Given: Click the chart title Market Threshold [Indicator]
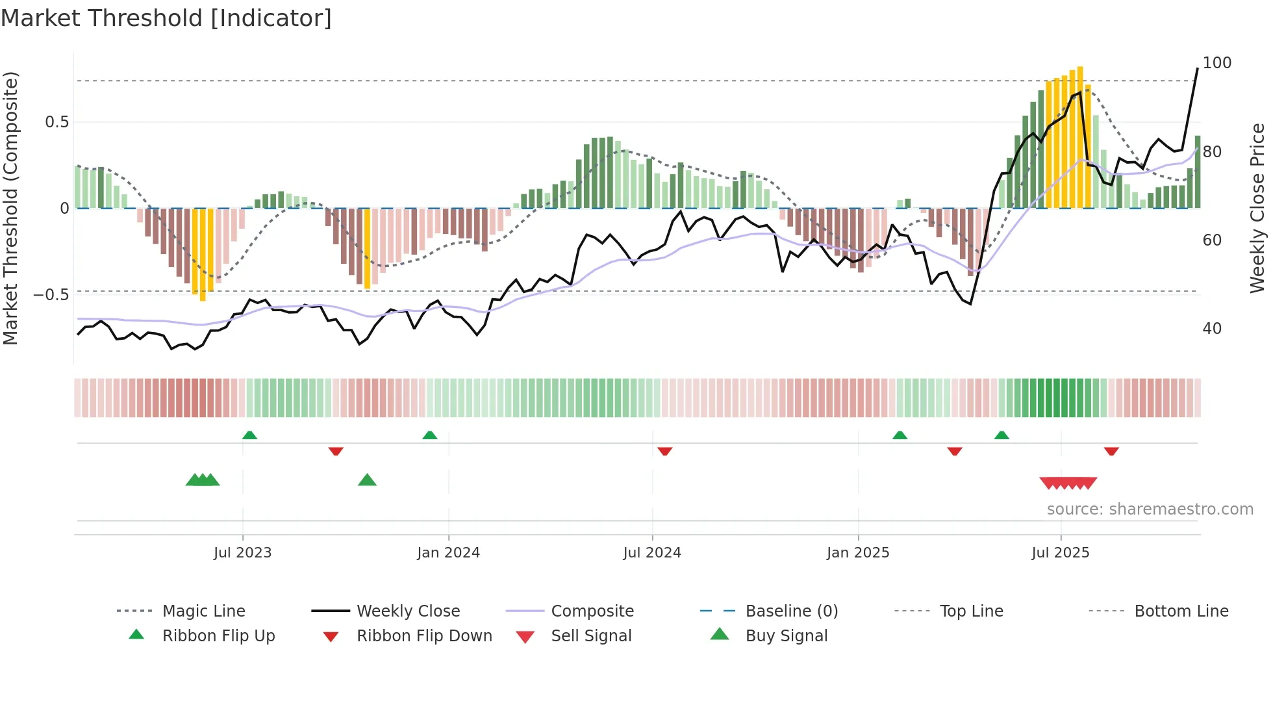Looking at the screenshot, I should [166, 18].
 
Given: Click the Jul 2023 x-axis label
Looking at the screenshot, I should [242, 553].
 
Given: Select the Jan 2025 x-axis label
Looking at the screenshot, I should [857, 553].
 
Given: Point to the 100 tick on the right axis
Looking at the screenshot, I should [1216, 63].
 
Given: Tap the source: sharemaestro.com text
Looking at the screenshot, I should [1150, 509].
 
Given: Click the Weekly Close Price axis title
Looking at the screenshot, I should [1257, 208].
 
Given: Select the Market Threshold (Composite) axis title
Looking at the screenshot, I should [10, 208].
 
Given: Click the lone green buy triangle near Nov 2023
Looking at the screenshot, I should [367, 480].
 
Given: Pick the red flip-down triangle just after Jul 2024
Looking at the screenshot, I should [664, 451].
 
